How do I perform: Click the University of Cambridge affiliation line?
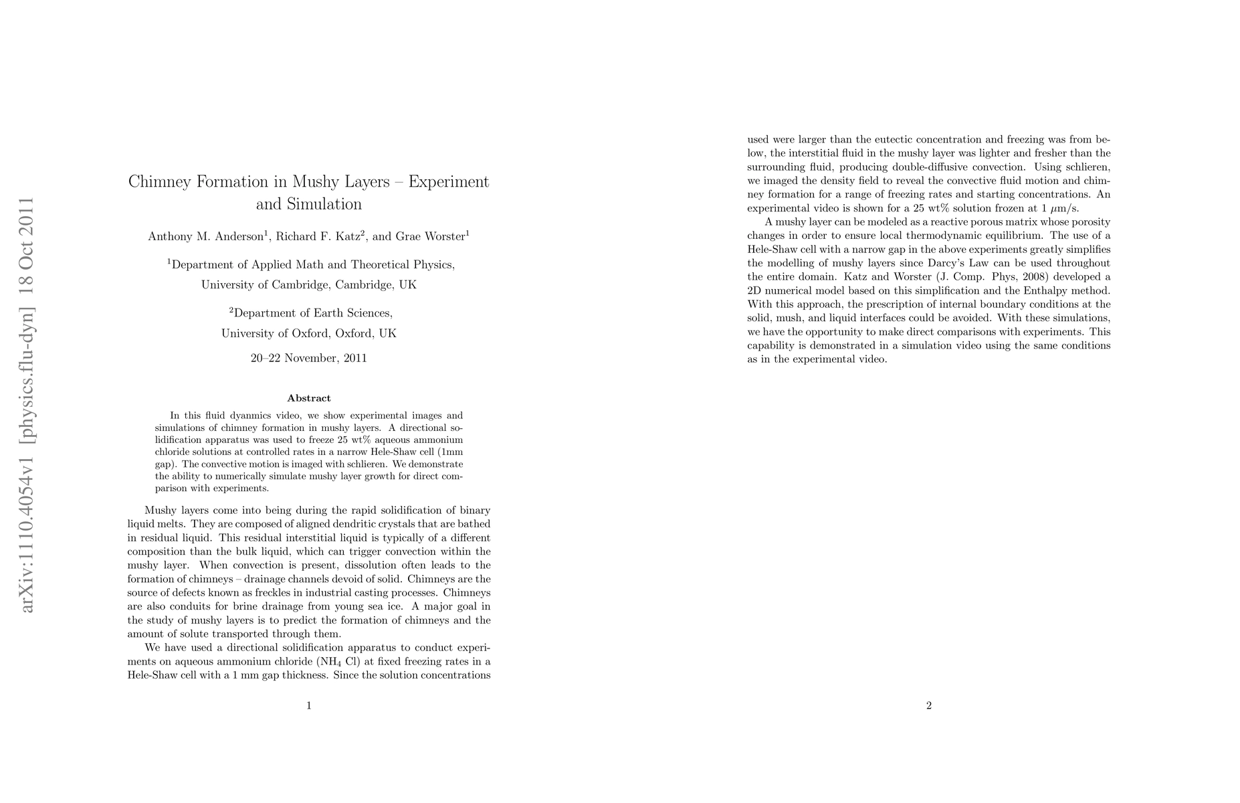(308, 285)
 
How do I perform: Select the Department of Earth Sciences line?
(312, 313)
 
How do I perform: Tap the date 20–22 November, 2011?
(308, 358)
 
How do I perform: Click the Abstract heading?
(308, 398)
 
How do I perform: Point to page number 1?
(308, 705)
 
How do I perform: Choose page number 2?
(928, 705)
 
